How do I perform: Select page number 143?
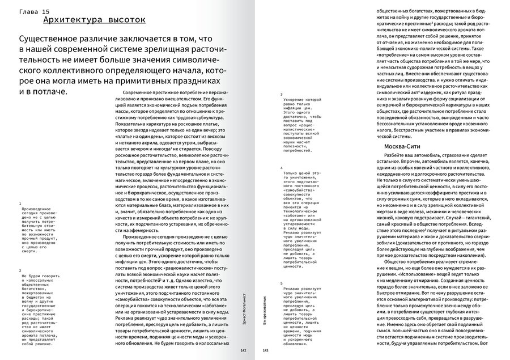coord(266,351)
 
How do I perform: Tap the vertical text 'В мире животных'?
coord(265,310)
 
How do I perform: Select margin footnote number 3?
coord(282,94)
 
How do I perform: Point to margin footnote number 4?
coord(282,168)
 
